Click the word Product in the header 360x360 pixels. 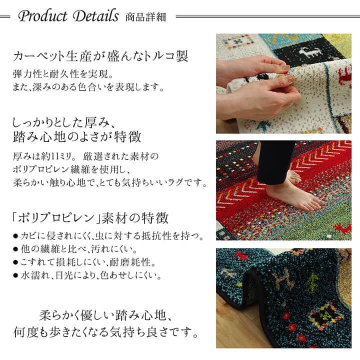pyautogui.click(x=42, y=16)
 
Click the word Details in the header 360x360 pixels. pyautogui.click(x=95, y=16)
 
